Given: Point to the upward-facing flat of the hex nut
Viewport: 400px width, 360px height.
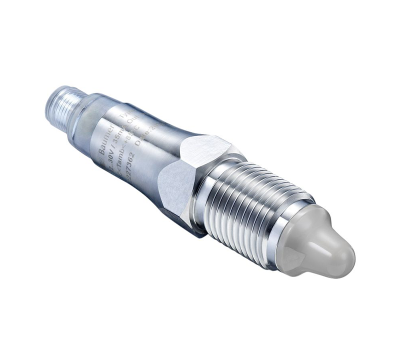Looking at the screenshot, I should pyautogui.click(x=205, y=147).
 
